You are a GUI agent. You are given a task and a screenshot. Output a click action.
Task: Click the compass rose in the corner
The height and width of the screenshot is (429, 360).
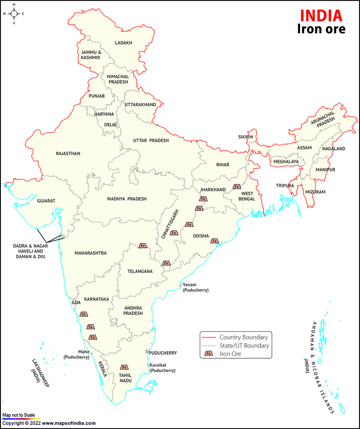[x=13, y=14]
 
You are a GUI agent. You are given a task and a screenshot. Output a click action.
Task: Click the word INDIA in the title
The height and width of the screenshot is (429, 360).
[x=320, y=15]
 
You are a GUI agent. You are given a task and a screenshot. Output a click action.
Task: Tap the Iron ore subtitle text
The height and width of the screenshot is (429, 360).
[x=321, y=29]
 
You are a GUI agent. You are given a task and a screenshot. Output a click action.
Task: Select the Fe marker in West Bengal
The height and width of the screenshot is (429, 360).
[x=237, y=186]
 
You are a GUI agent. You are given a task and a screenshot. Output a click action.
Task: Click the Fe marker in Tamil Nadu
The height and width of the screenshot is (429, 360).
[x=124, y=367]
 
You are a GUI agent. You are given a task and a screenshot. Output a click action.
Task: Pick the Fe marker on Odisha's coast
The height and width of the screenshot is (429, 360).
[x=215, y=241]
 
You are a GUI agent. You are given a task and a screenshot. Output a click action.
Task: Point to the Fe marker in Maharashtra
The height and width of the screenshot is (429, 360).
[x=143, y=245]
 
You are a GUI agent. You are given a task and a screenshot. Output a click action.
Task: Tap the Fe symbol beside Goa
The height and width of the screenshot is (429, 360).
[x=84, y=314]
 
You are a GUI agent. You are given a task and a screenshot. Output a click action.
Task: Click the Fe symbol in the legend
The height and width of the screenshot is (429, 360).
[x=209, y=354]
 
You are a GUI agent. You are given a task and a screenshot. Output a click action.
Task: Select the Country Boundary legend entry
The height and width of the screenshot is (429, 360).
[x=243, y=337]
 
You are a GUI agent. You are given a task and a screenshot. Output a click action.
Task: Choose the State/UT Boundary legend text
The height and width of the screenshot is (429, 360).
[x=244, y=346]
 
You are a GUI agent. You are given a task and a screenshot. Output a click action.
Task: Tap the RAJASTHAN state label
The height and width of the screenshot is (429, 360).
[x=68, y=154]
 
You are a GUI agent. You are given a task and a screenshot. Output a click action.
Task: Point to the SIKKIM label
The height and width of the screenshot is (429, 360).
[x=246, y=137]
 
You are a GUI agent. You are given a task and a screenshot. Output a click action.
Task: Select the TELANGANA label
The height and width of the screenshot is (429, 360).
[x=139, y=271]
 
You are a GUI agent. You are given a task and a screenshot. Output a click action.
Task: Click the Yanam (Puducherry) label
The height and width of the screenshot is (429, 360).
[x=195, y=288]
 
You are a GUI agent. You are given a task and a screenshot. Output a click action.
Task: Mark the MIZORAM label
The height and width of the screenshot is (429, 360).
[x=315, y=192]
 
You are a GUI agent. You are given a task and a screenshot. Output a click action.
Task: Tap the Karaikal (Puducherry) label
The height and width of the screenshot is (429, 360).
[x=162, y=368]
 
